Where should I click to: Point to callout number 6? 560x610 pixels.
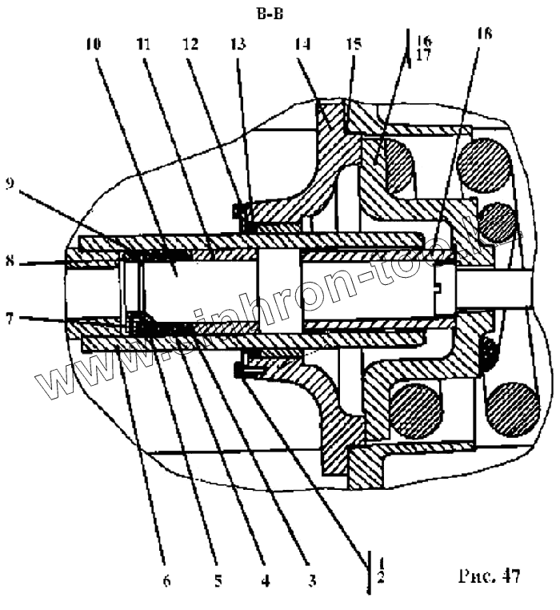(x=166, y=581)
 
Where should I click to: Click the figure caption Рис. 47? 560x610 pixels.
(x=489, y=576)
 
